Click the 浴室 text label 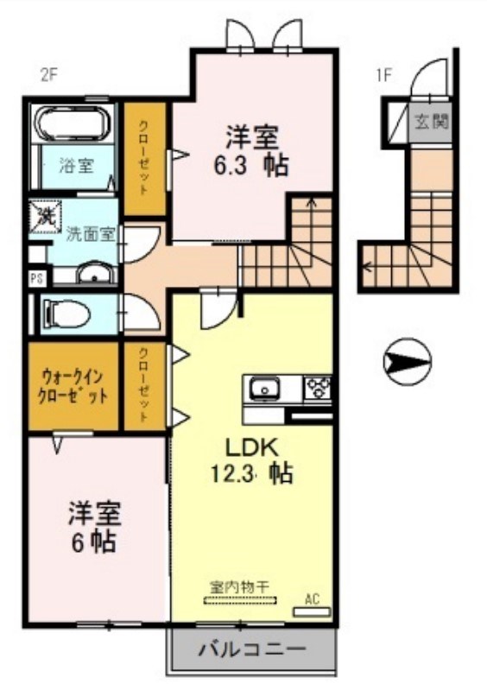76,164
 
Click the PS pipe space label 36,278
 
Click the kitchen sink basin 262,390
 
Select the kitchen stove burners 316,389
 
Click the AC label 313,598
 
